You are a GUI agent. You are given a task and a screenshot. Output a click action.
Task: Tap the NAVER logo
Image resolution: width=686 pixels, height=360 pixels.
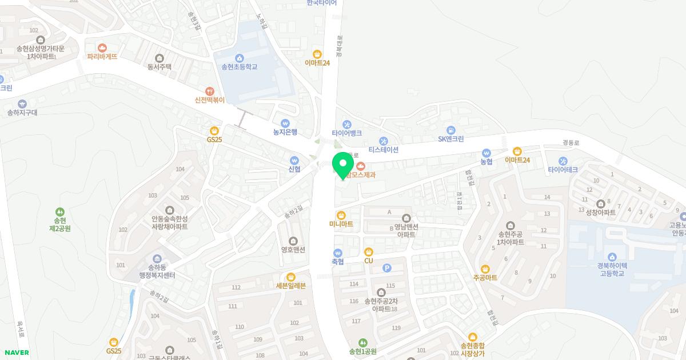click(x=16, y=353)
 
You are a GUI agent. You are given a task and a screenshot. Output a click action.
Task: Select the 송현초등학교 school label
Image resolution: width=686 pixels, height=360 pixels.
click(x=239, y=67)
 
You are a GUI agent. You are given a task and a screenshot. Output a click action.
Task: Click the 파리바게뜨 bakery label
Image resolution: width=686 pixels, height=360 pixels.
click(x=102, y=57)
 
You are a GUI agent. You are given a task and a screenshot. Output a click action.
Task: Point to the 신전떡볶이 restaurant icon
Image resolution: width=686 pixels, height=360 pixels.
click(x=210, y=91)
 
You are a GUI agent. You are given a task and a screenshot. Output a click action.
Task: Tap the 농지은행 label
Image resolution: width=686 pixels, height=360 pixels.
click(x=285, y=132)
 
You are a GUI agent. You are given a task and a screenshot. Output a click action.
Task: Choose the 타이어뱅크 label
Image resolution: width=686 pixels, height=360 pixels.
click(x=346, y=133)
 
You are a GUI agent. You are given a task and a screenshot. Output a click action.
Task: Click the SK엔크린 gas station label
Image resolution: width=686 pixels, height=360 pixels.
click(x=450, y=139)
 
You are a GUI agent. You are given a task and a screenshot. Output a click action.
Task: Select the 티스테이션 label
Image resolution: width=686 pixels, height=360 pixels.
click(x=383, y=150)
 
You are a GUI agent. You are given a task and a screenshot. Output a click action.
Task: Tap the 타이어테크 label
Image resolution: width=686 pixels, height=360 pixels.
click(x=563, y=170)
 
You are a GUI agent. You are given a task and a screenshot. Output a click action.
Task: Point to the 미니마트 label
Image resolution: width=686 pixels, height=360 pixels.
click(x=341, y=224)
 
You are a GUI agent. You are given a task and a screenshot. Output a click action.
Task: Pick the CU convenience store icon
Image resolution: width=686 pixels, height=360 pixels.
click(x=369, y=251)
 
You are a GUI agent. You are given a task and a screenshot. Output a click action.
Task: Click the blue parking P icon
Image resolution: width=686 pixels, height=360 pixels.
click(x=386, y=267)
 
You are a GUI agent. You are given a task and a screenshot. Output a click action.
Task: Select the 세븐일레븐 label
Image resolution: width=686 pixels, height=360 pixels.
click(x=290, y=286)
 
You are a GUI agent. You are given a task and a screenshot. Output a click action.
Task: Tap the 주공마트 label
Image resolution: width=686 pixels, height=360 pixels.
click(x=485, y=278)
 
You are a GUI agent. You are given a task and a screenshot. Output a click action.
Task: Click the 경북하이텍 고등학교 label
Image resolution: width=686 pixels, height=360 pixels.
click(x=612, y=269)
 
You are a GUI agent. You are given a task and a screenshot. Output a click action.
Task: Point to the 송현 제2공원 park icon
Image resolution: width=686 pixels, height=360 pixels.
click(x=60, y=224)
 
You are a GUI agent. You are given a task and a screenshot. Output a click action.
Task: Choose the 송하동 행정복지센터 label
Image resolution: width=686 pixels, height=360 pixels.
click(x=157, y=271)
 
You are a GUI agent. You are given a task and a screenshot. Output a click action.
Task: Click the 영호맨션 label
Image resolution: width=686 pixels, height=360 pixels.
click(x=293, y=250)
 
